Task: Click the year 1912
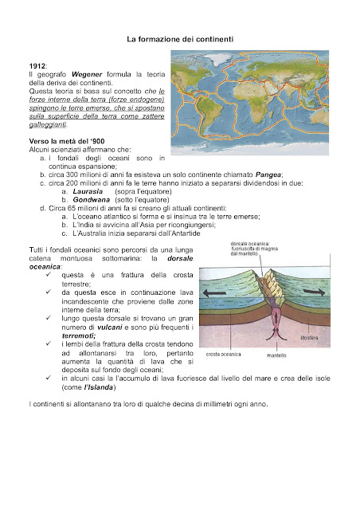pyautogui.click(x=36, y=65)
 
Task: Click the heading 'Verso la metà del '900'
pyautogui.click(x=68, y=141)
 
